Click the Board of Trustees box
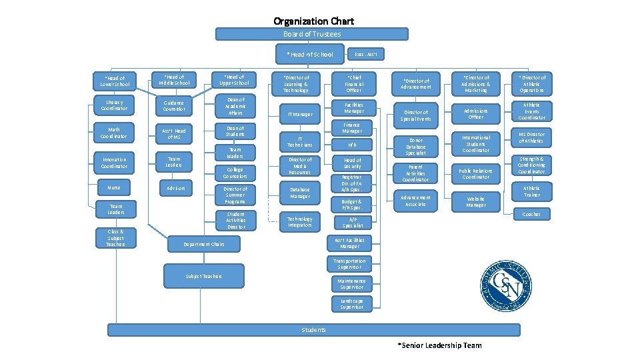[x=312, y=34]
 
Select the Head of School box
[x=310, y=54]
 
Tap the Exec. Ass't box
[x=367, y=54]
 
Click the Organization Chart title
[x=314, y=21]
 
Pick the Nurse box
[x=114, y=187]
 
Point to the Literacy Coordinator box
[x=114, y=105]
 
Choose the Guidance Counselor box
[x=174, y=105]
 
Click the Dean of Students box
[x=235, y=131]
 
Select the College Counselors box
[x=235, y=173]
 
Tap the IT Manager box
[x=300, y=114]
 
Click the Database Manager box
[x=300, y=193]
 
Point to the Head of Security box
[x=353, y=163]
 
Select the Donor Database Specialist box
[x=416, y=147]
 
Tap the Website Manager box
[x=475, y=201]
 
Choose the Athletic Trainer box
[x=531, y=191]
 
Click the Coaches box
[x=531, y=214]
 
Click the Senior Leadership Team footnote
[x=439, y=345]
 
